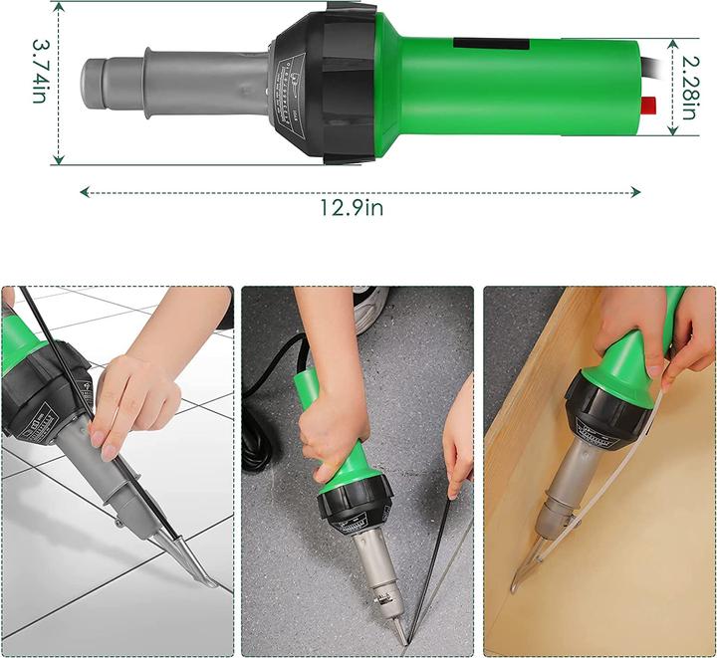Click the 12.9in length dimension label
(352, 207)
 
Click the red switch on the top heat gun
(649, 105)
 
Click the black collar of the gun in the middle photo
(354, 509)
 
